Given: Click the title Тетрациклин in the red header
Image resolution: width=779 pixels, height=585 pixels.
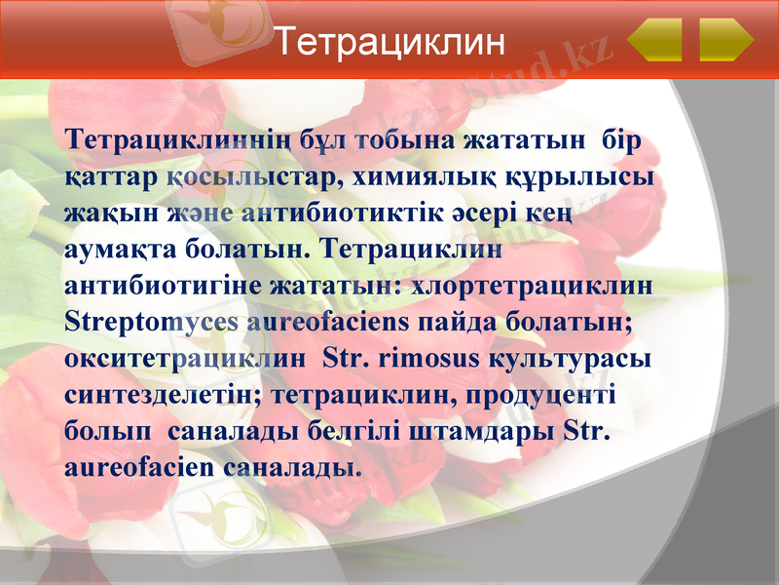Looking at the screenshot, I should (x=389, y=42).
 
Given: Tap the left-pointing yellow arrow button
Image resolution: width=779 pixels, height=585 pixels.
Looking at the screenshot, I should (x=654, y=40).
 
